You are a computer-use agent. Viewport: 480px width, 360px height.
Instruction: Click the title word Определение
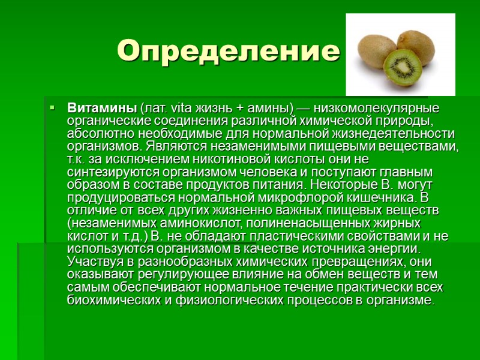point(228,52)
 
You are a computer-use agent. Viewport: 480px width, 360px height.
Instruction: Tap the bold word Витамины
point(102,109)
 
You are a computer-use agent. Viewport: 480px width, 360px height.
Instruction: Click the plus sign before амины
point(239,109)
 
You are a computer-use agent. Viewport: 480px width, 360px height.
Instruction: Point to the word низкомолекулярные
point(376,109)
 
